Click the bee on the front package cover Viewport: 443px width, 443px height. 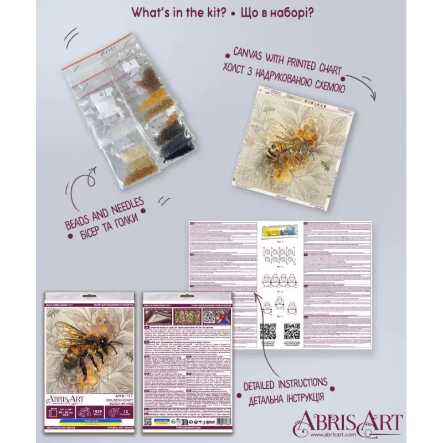[89, 349]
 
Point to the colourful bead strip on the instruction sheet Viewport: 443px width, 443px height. [280, 229]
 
